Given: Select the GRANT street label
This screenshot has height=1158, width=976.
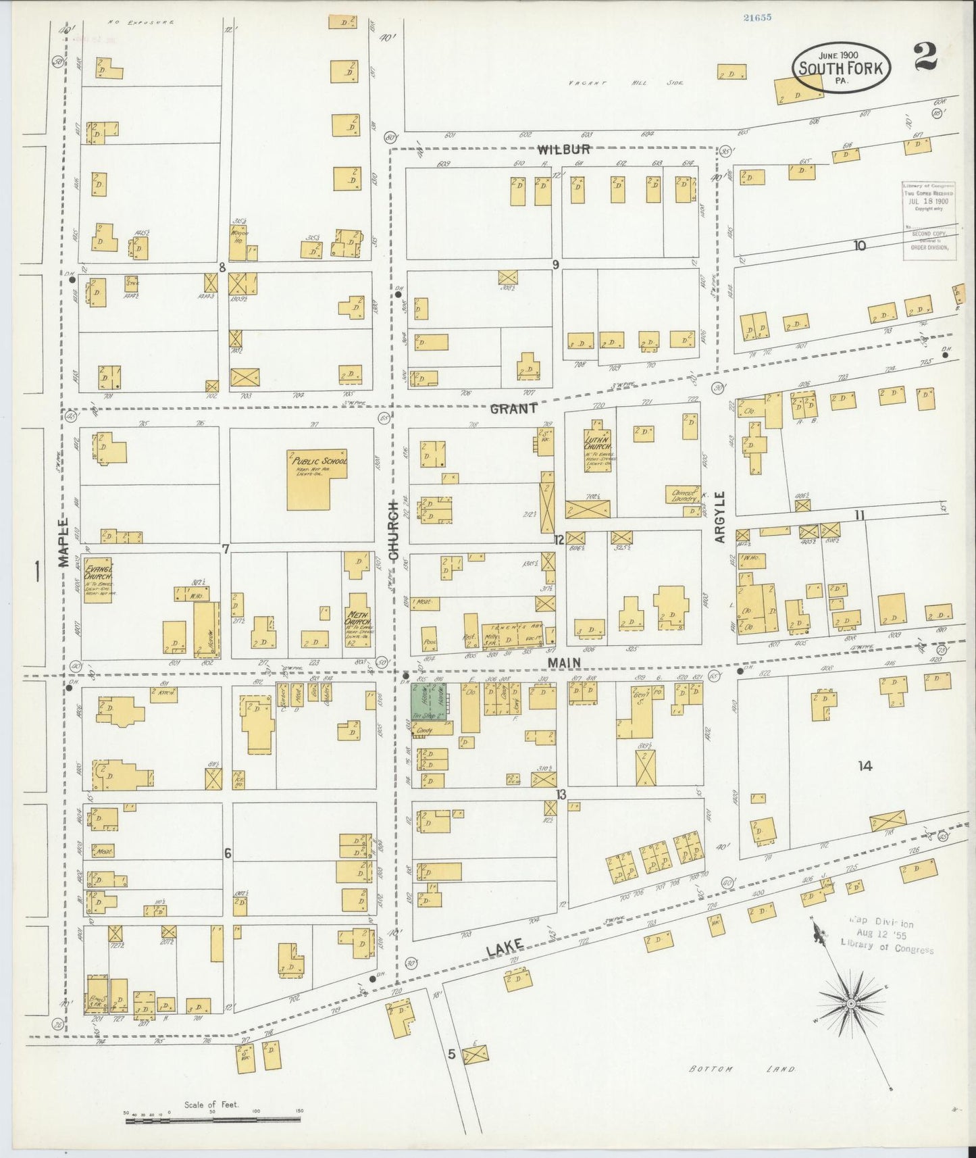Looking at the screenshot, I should coord(514,408).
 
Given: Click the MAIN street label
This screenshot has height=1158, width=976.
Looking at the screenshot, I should coord(565,663).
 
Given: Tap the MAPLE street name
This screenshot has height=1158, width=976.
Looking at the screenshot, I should coord(63,542).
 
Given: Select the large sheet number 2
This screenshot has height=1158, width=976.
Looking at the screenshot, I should coord(925,57).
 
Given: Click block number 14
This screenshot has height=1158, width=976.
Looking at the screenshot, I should coord(865,765).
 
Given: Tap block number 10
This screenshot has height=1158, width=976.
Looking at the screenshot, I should coord(858,246).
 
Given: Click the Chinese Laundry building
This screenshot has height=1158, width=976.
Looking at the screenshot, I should coord(684,495).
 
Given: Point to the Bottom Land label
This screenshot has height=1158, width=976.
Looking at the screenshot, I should coord(742,1069).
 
